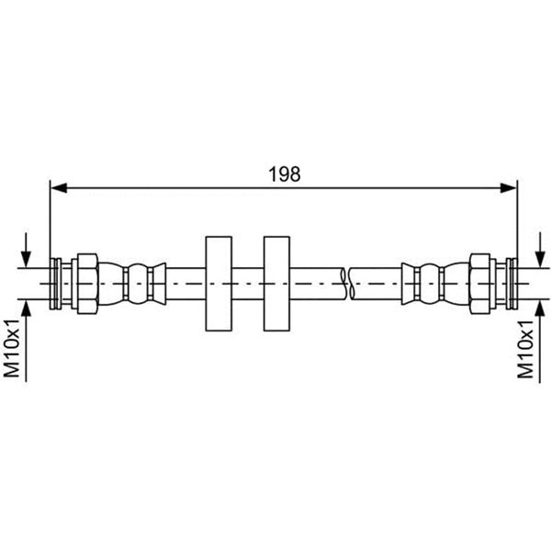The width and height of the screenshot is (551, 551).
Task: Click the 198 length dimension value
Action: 285,174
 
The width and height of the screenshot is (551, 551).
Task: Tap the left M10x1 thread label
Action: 12,349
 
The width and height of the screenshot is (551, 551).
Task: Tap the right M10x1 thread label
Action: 525,349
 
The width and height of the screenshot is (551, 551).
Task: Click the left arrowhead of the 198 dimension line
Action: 59,188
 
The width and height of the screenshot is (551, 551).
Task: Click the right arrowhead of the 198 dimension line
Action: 509,188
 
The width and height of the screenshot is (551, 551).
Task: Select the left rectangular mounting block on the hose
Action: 219,284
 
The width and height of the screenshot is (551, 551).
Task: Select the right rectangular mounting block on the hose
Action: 277,284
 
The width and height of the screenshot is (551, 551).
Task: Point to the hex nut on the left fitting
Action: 87,284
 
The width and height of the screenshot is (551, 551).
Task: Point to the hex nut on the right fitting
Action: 480,284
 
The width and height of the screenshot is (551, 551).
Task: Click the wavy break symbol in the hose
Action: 347,284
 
